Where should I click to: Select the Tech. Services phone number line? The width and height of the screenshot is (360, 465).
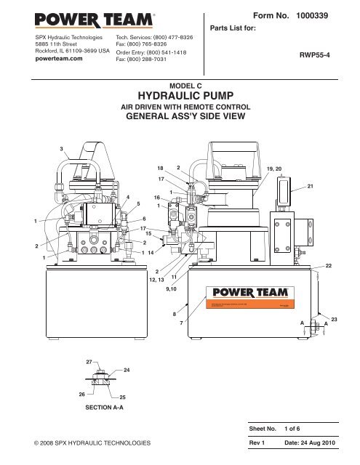[156, 36]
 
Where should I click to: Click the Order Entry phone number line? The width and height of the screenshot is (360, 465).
[156, 53]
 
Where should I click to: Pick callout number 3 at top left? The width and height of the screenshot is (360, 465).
[62, 149]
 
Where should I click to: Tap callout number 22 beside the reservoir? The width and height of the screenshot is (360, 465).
[329, 267]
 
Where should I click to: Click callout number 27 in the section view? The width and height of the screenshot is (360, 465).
[89, 361]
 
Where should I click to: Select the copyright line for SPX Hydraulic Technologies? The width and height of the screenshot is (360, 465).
[86, 442]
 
